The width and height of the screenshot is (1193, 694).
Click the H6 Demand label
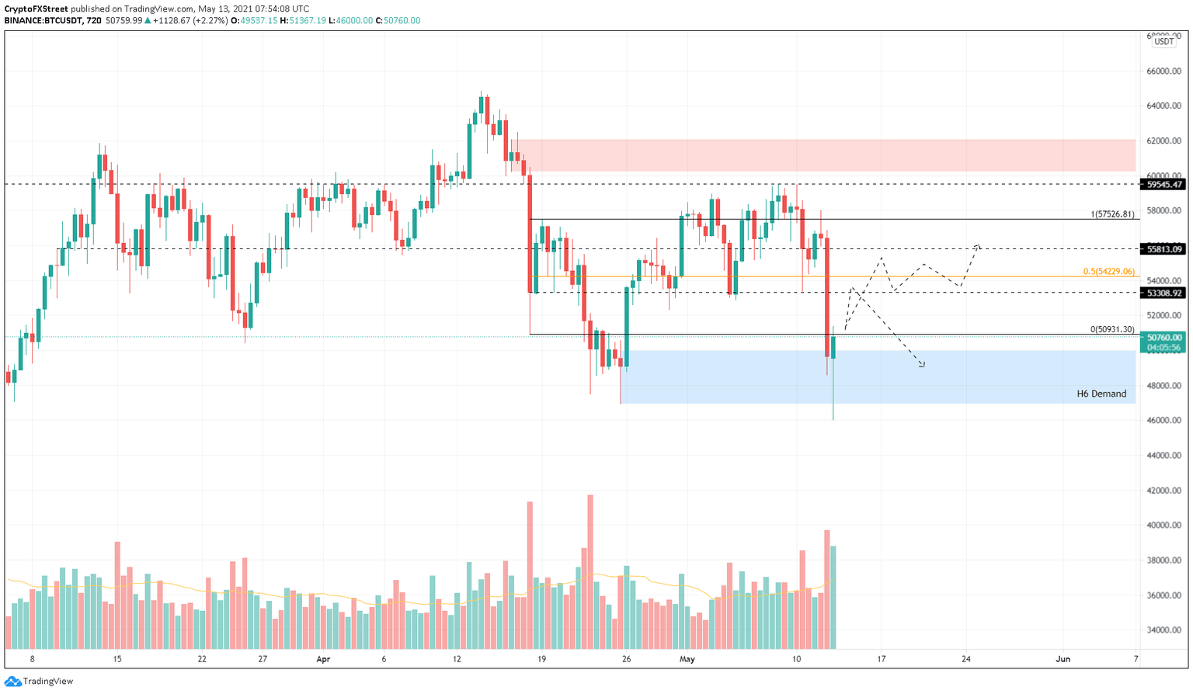point(1101,394)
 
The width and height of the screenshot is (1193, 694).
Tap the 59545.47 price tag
point(1162,185)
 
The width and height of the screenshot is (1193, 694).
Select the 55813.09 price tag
point(1162,249)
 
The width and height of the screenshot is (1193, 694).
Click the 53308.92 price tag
point(1162,293)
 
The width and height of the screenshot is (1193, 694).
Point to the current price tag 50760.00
point(1162,338)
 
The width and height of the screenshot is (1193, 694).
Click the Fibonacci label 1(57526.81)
point(1112,214)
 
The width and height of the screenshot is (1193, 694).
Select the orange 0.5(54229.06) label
point(1108,272)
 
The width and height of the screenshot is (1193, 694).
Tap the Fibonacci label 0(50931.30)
point(1111,329)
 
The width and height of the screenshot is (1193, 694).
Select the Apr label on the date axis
point(323,659)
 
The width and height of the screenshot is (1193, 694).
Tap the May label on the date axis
point(687,659)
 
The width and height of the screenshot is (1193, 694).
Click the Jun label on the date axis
point(1063,659)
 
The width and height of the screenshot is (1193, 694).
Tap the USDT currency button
point(1163,42)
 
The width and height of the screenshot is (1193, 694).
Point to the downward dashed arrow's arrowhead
point(922,364)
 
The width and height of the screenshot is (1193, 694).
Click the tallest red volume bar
point(590,571)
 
